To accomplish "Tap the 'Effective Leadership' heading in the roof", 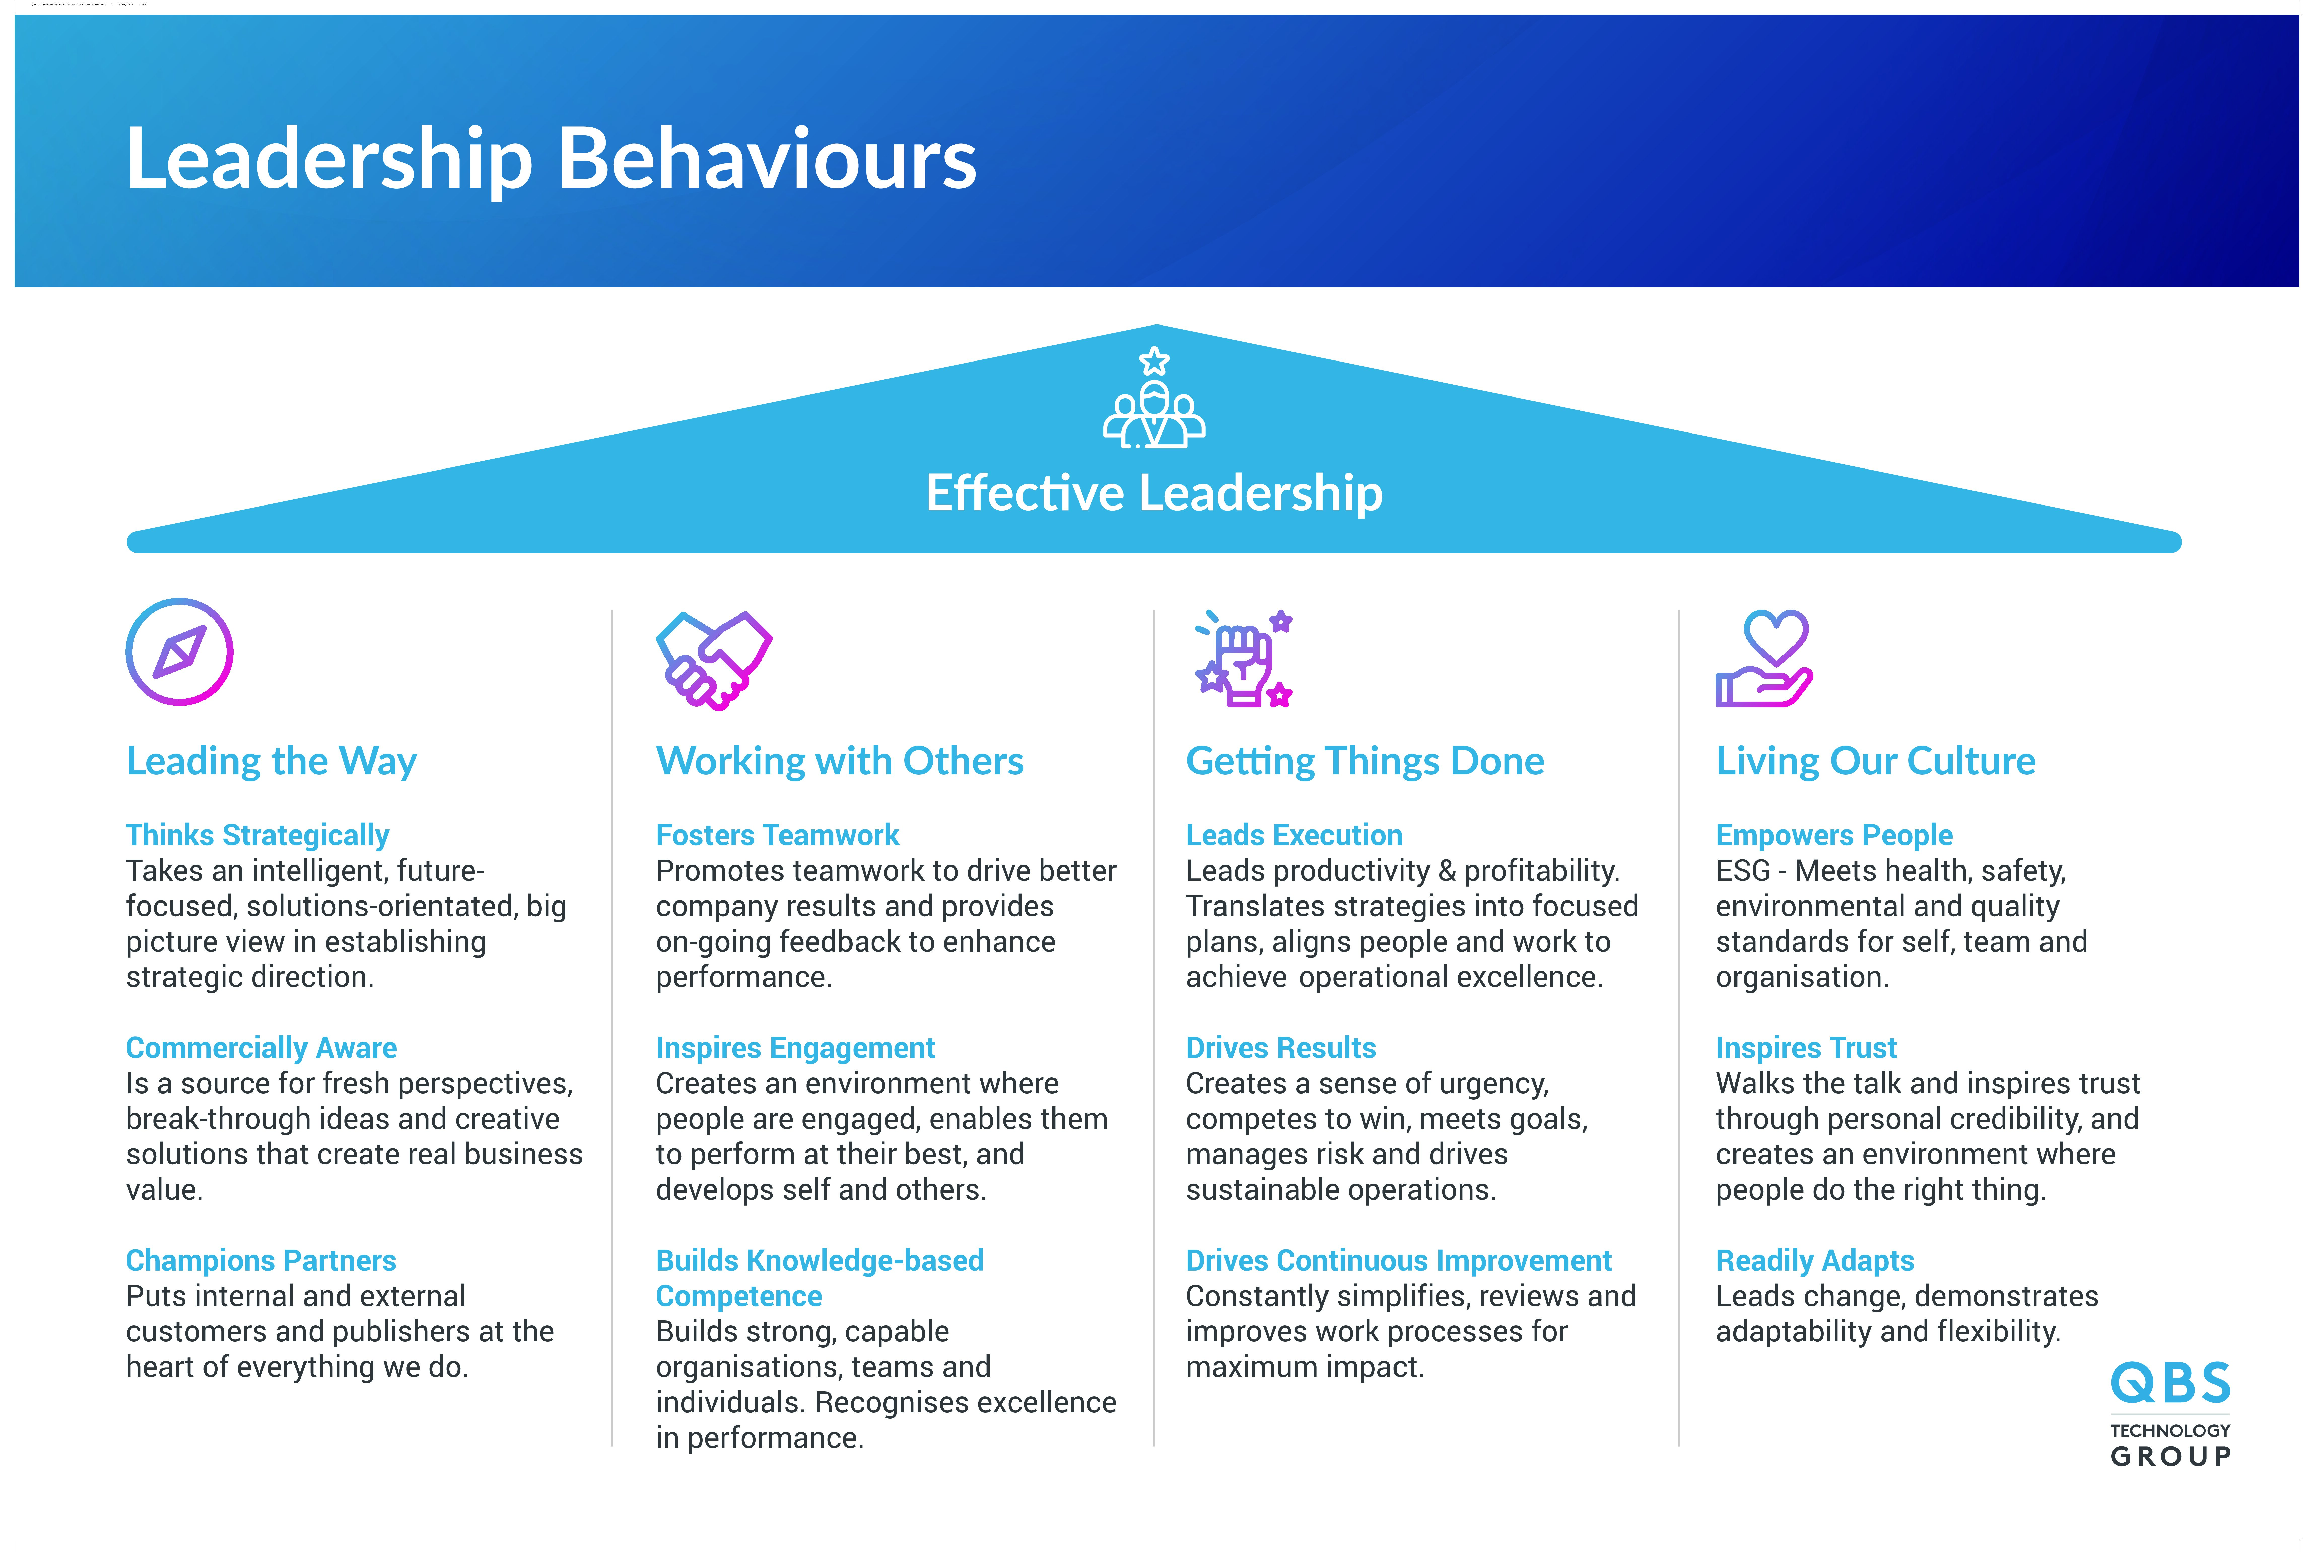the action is (1153, 493).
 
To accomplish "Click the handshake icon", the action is (714, 660).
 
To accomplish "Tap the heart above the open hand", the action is (1776, 636).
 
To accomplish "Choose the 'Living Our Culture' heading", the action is (1875, 761).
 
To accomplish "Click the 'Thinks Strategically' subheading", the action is (257, 835).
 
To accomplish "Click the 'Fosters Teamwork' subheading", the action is (777, 835).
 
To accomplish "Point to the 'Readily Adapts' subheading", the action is (1815, 1261).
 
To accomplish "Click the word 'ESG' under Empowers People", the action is (1743, 871).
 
